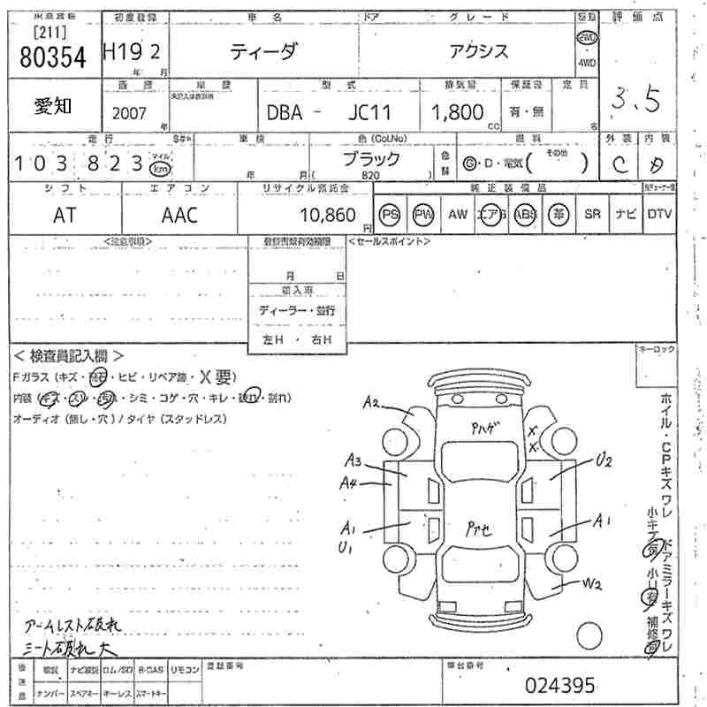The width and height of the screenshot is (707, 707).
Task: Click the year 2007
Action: point(131,113)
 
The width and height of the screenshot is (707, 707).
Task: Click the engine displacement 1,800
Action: point(457,112)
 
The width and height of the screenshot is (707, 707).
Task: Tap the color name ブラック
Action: point(371,160)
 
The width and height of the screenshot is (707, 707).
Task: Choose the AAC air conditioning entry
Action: point(180,215)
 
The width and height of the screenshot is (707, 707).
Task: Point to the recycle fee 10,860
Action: point(328,215)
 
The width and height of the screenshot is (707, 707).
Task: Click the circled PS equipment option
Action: point(390,215)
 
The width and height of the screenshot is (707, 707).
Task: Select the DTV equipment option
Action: point(659,215)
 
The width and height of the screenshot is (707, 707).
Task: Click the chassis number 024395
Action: point(560,685)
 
